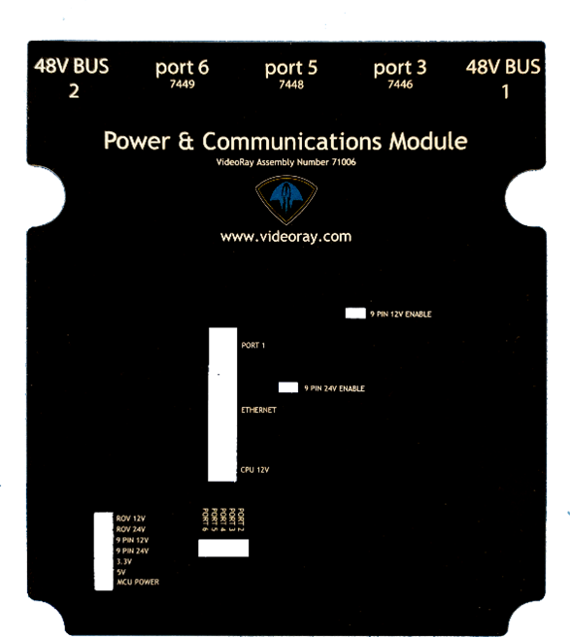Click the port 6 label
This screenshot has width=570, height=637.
click(182, 67)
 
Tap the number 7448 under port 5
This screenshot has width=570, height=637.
click(291, 84)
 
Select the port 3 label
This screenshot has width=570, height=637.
click(400, 67)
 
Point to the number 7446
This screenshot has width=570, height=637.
click(400, 84)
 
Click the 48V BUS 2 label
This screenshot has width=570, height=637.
click(72, 78)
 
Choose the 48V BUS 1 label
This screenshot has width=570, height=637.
click(503, 79)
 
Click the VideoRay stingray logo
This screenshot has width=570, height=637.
click(286, 199)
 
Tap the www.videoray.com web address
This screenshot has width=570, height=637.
click(286, 237)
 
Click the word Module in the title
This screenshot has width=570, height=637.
click(428, 142)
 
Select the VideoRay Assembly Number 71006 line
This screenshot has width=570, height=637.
click(286, 162)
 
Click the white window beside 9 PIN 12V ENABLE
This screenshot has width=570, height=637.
click(355, 313)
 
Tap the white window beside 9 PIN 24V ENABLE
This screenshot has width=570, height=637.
click(288, 387)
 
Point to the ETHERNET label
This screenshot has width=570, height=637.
click(259, 410)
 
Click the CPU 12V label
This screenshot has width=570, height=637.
click(254, 470)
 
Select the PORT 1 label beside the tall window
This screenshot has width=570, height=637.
click(253, 346)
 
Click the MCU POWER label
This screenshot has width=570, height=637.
click(138, 583)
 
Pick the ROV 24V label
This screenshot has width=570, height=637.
click(131, 529)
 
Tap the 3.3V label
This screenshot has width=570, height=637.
click(124, 561)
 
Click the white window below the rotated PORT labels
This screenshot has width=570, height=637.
click(223, 548)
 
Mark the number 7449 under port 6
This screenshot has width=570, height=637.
click(182, 84)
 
